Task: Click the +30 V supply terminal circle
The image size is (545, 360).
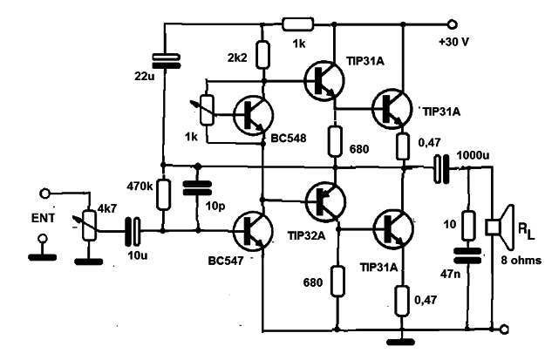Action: click(x=453, y=24)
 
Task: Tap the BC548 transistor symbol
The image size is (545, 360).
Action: click(x=253, y=115)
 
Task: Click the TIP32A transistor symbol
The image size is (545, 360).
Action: click(x=325, y=200)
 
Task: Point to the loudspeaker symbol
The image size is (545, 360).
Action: click(x=500, y=228)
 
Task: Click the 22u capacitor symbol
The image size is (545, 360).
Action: click(x=167, y=61)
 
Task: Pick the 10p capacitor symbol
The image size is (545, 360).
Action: click(x=197, y=188)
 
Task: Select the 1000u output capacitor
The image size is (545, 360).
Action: click(x=441, y=169)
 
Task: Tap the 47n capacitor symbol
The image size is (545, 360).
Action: click(x=468, y=255)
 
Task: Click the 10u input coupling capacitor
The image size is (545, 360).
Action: click(x=133, y=231)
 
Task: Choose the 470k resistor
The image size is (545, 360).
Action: click(x=163, y=195)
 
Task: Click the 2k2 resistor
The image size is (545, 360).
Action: click(x=262, y=55)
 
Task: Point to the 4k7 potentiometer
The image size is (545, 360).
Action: click(x=89, y=225)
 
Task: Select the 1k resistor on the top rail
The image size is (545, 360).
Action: click(x=298, y=24)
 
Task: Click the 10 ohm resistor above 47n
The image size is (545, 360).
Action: click(x=468, y=225)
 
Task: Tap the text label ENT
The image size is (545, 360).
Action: click(x=43, y=218)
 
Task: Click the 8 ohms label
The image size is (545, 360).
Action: click(x=521, y=260)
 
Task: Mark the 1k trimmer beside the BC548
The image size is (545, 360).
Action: click(x=208, y=110)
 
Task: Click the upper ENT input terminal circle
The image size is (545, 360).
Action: click(x=45, y=194)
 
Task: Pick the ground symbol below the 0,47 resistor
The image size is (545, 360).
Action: click(x=401, y=342)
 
